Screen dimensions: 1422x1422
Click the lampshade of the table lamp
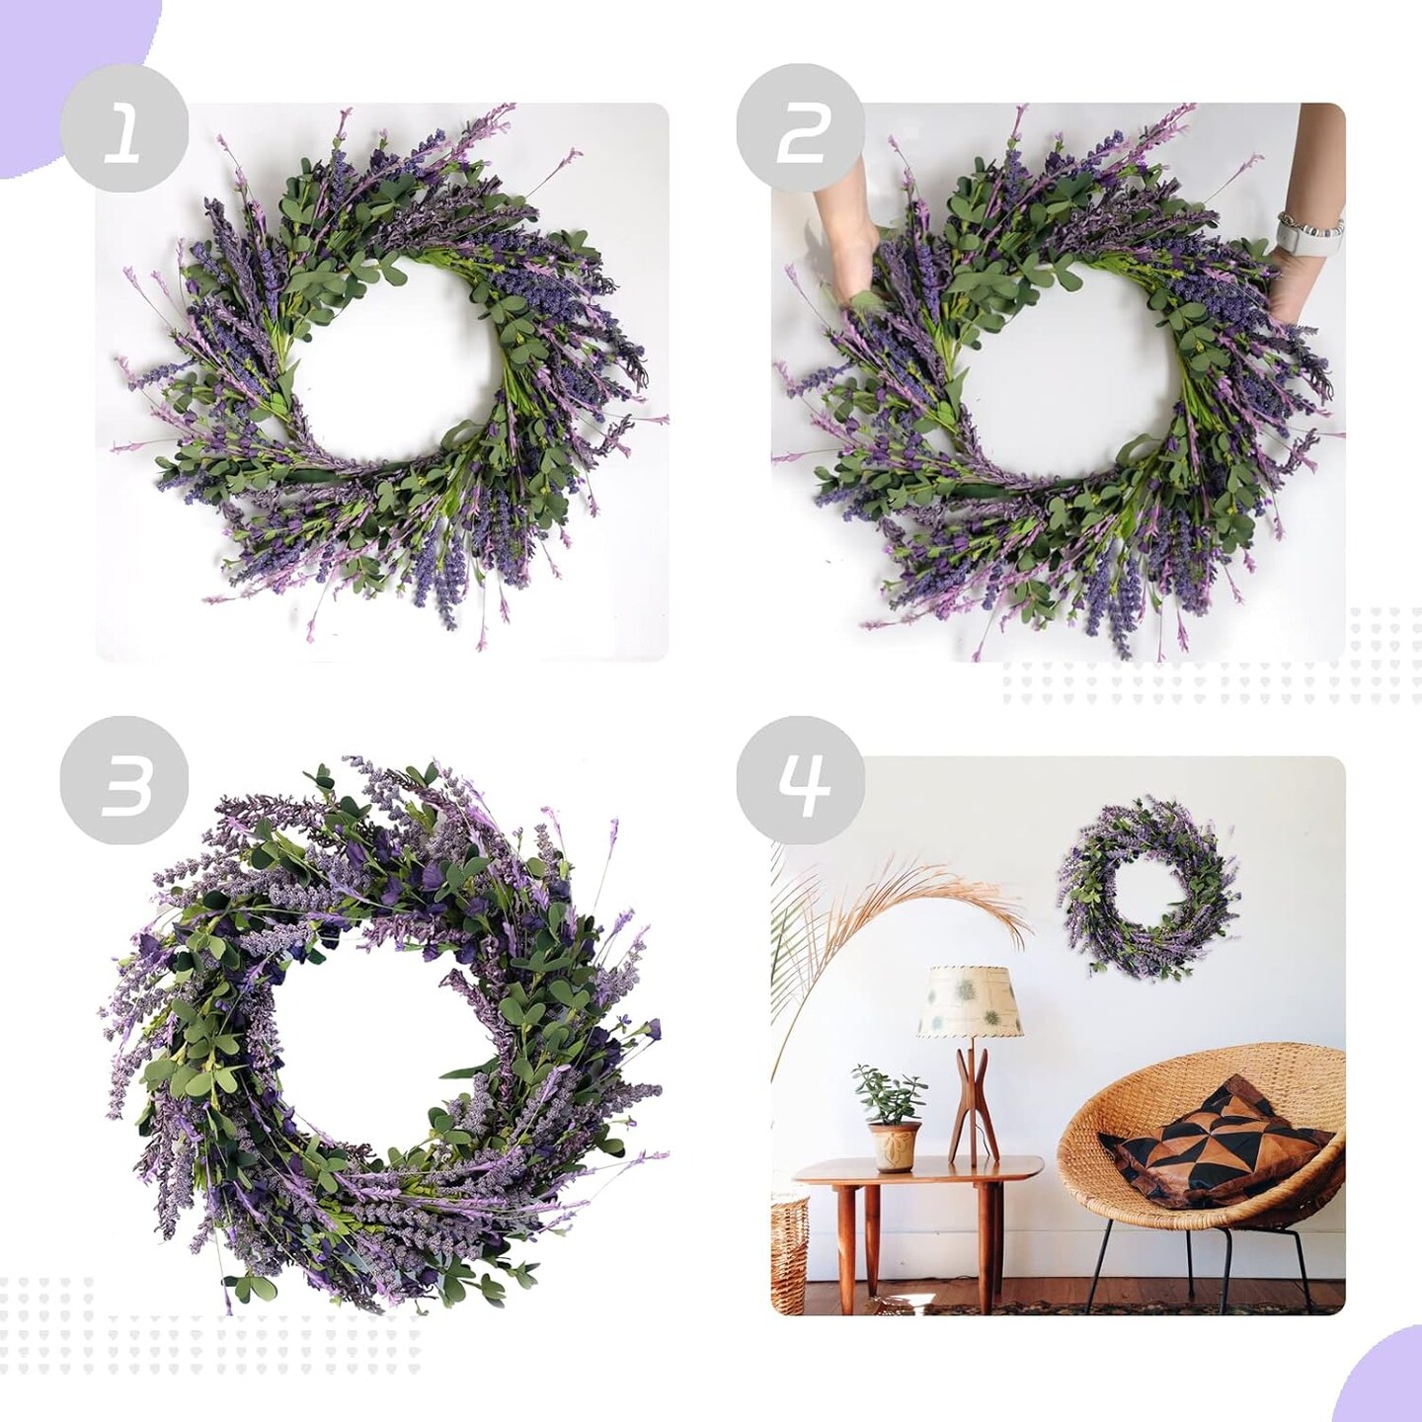click(966, 1001)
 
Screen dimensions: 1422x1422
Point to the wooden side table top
click(918, 1171)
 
